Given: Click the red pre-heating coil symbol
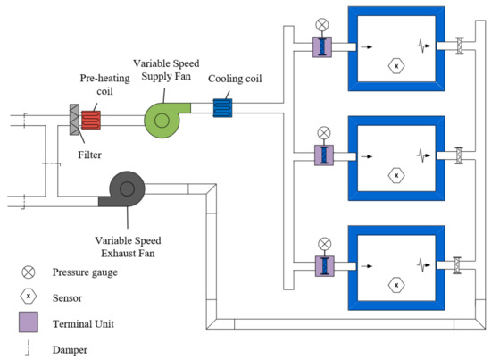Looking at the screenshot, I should (x=91, y=118).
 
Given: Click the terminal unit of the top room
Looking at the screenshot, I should (x=322, y=46).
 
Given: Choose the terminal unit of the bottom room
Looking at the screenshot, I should (x=322, y=265).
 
